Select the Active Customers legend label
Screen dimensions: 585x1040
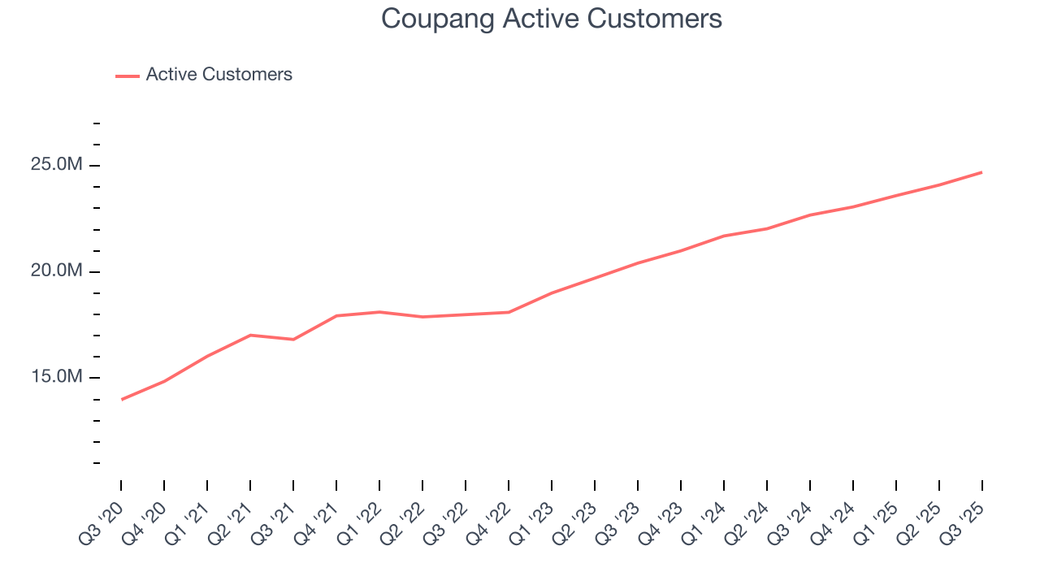(x=219, y=75)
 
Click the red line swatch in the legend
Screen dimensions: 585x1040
(x=128, y=76)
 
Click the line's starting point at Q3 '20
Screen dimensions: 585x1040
(x=122, y=399)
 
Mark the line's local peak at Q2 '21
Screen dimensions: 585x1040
(x=250, y=335)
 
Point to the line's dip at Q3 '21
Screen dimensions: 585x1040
(x=293, y=339)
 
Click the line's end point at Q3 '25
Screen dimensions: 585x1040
(x=981, y=172)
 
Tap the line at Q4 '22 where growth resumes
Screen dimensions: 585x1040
(x=509, y=312)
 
